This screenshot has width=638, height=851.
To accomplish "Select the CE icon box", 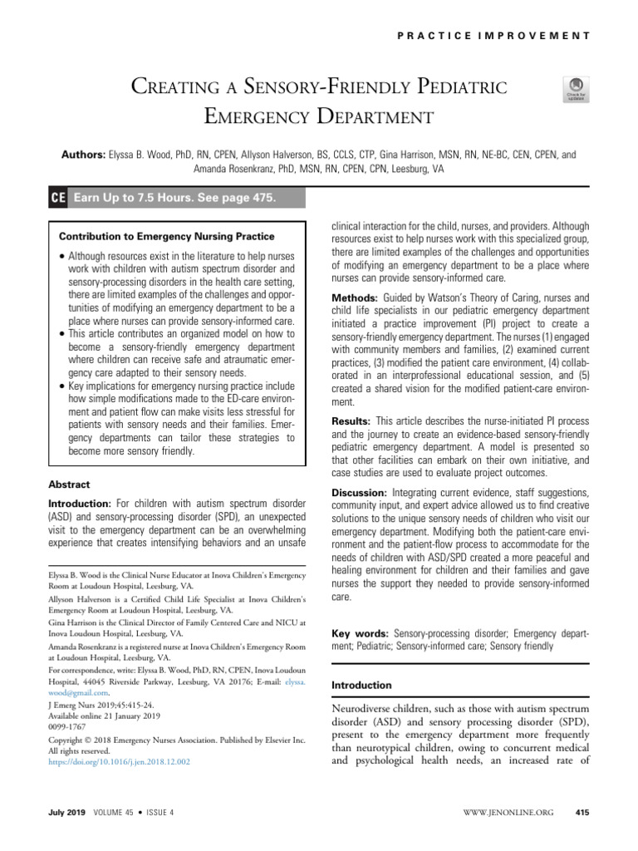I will coord(58,198).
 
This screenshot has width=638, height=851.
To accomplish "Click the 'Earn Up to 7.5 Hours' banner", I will coord(174,198).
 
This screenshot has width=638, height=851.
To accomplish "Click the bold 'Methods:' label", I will coord(356,298).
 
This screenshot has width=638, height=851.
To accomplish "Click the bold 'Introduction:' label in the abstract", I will coord(81,504).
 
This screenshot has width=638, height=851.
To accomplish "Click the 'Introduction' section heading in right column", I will coord(361,686).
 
